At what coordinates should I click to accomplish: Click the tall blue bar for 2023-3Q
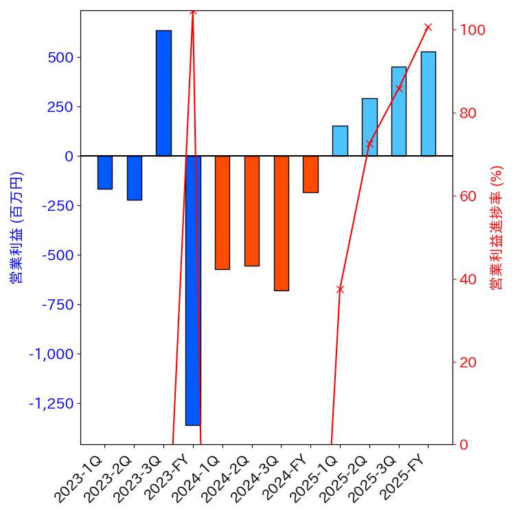pos(163,93)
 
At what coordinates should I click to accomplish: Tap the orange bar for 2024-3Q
pos(281,223)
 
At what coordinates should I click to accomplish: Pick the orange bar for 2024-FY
pos(310,174)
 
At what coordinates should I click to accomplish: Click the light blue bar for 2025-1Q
pos(340,141)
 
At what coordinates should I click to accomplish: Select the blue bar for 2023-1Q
pos(104,172)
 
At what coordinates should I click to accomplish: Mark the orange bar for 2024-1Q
pos(222,212)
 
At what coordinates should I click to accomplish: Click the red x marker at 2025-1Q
pos(340,289)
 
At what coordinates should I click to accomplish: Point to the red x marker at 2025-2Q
pos(369,144)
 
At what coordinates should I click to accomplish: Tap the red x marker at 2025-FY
pos(428,27)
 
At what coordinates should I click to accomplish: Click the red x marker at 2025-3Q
pos(399,88)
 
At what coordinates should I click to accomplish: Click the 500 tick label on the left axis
pos(60,57)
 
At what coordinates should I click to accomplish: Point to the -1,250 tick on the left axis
pos(51,403)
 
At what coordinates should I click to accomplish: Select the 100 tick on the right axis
pos(474,30)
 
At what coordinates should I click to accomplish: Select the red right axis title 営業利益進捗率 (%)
pos(497,227)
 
